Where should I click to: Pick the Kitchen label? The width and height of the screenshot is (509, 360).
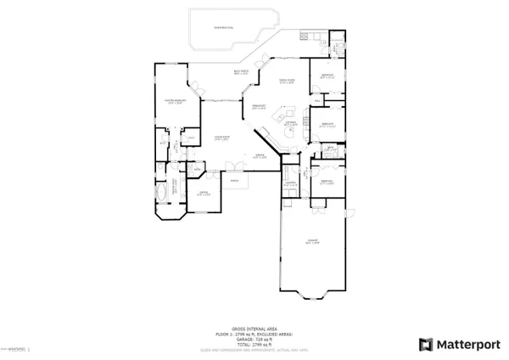coord(290,123)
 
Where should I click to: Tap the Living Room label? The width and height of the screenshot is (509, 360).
coord(222,138)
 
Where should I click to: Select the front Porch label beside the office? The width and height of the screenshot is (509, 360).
coord(234,181)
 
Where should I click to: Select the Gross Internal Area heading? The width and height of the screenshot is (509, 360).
coord(255,326)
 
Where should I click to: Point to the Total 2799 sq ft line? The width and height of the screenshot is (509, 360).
coord(255,341)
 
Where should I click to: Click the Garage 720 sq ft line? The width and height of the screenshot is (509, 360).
coord(255,336)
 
